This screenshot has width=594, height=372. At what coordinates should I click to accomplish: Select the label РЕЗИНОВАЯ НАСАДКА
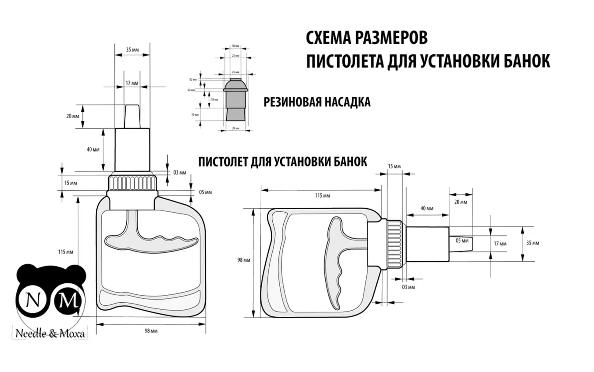tap(317, 102)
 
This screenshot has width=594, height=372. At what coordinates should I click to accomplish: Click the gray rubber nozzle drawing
tap(236, 99)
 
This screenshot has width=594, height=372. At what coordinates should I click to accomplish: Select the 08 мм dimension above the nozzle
tap(236, 46)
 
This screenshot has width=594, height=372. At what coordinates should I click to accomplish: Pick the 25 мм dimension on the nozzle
tap(236, 72)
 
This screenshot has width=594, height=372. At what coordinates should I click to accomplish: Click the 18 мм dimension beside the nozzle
tap(214, 99)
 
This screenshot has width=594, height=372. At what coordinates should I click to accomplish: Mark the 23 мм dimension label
tap(236, 56)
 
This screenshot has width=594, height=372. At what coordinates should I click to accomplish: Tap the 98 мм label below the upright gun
tap(151, 331)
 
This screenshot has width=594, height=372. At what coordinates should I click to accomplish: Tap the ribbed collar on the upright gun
tap(132, 183)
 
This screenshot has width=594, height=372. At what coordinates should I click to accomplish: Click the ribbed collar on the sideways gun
tap(395, 244)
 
